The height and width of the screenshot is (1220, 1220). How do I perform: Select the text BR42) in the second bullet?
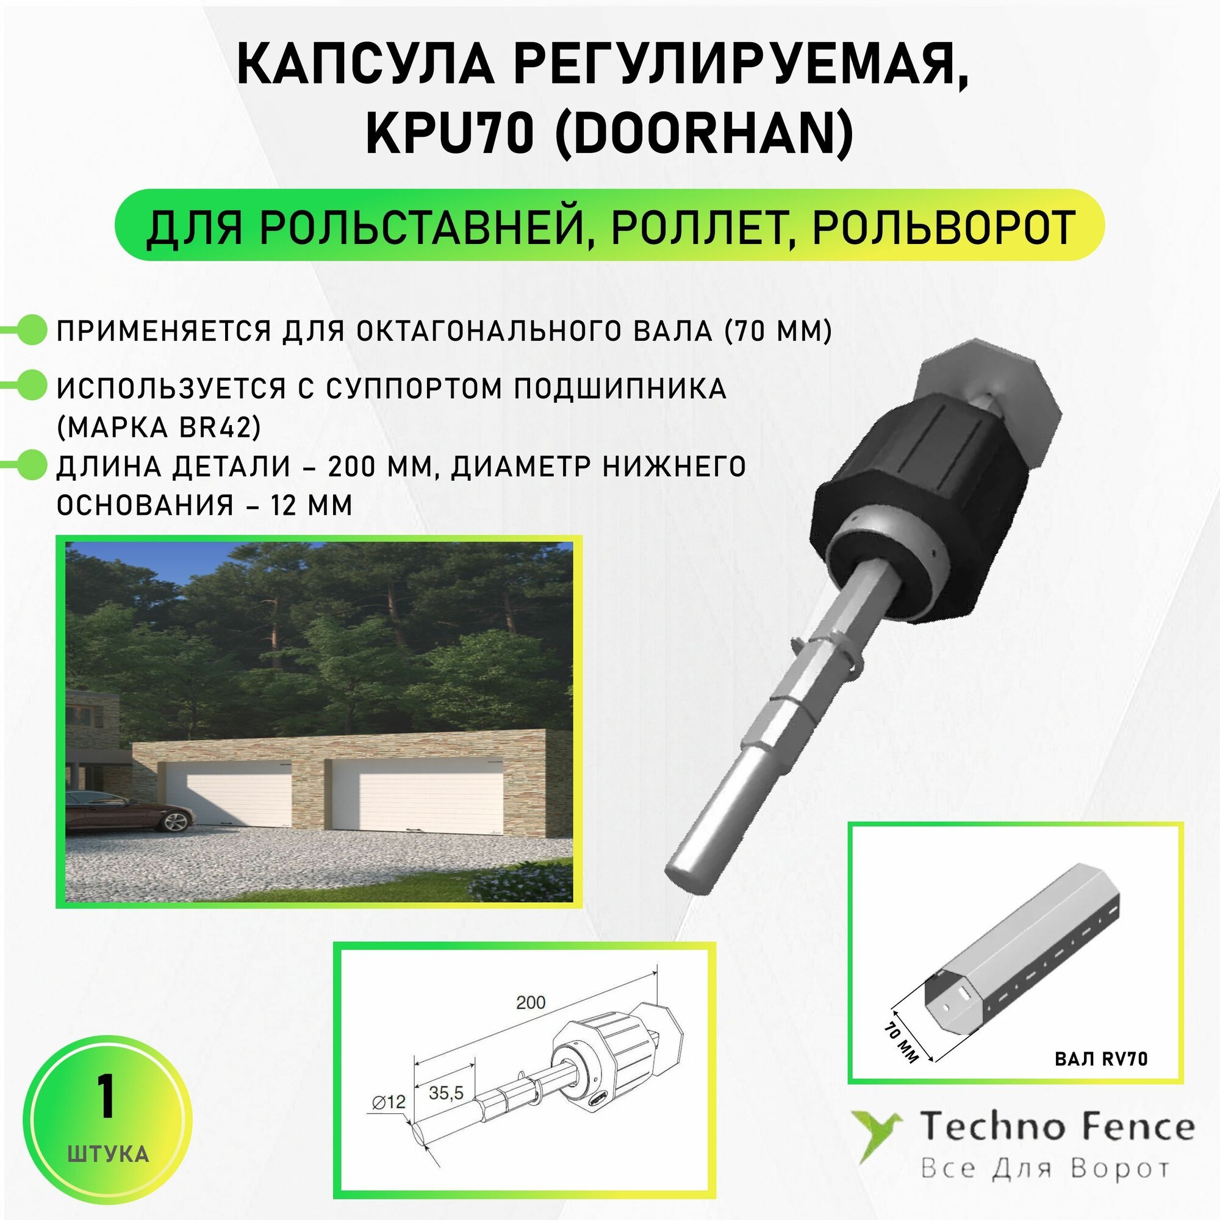tap(220, 428)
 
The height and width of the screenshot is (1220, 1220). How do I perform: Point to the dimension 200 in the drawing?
tap(531, 1002)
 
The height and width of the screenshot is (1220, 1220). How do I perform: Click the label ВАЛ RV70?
tap(1100, 1059)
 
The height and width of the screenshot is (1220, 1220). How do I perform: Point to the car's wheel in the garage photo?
tap(176, 820)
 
